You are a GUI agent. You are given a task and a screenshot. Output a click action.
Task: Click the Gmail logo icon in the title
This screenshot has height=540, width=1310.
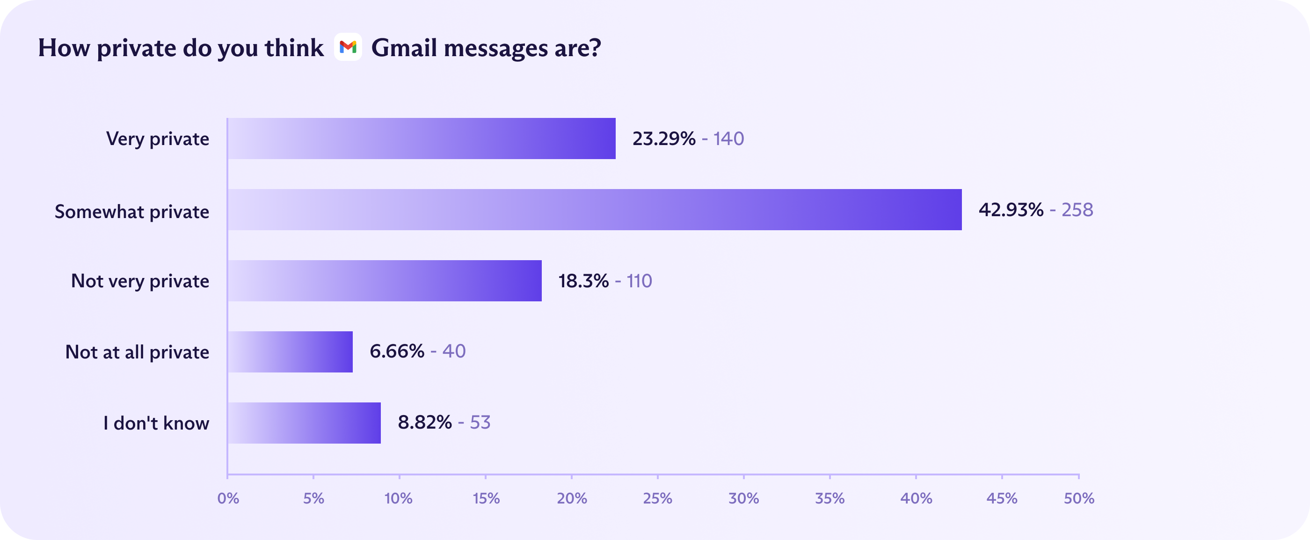point(348,47)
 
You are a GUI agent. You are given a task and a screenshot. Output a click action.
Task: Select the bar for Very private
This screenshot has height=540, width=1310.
point(422,139)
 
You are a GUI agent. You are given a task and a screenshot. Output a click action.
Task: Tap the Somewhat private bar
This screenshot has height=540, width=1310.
point(595,210)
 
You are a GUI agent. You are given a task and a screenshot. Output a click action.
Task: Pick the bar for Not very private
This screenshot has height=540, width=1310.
point(385,281)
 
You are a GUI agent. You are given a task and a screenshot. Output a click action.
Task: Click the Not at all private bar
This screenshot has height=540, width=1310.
point(291,352)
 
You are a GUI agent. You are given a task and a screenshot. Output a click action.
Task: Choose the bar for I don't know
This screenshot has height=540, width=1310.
point(304,423)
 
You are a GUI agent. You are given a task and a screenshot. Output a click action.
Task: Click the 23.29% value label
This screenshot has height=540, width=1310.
point(663,139)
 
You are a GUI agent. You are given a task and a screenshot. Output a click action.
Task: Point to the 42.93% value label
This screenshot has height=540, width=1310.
point(1011,210)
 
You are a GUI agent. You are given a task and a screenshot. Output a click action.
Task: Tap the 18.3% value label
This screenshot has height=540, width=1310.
point(583,281)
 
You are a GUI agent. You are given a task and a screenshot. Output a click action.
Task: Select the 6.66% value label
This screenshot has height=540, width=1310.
point(397,351)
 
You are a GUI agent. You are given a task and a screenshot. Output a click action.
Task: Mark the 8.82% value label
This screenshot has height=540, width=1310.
point(425,423)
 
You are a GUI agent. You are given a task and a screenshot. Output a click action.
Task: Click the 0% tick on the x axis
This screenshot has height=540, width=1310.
point(228,498)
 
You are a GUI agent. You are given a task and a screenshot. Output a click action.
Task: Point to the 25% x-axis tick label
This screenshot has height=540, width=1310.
point(657,498)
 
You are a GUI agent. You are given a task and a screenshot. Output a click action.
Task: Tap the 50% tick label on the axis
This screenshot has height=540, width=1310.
point(1078,498)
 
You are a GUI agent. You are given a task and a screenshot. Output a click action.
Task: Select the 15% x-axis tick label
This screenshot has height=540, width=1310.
point(486,498)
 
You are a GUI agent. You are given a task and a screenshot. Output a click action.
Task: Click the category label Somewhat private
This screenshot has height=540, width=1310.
point(132,212)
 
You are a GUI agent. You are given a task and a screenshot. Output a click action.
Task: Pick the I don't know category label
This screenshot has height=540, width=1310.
point(156,423)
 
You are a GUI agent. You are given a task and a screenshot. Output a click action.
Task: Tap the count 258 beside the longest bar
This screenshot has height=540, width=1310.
point(1077,210)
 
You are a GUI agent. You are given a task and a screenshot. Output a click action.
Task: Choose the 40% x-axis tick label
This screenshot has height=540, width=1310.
point(916,498)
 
